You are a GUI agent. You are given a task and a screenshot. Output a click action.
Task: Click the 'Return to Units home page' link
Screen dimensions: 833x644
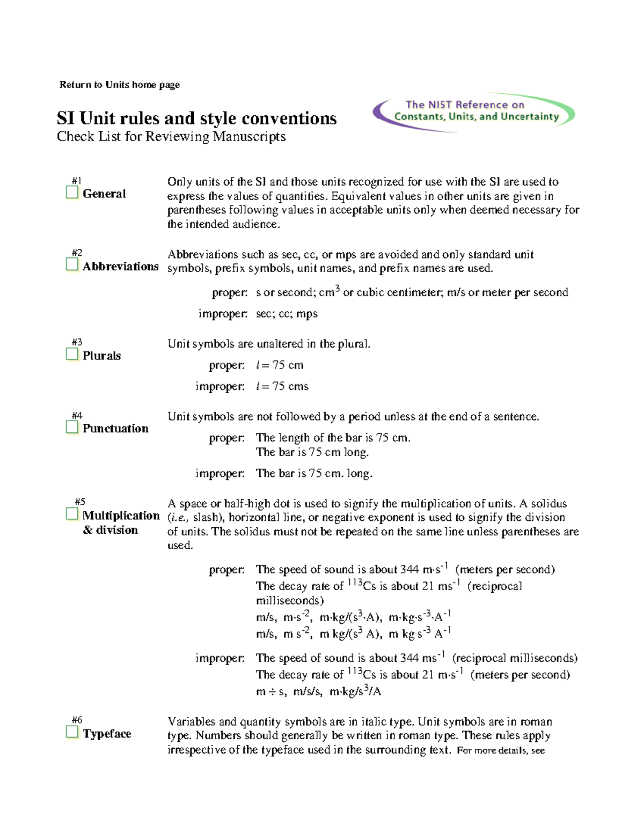(119, 85)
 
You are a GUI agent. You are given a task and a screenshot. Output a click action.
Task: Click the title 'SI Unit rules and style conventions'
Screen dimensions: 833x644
(196, 118)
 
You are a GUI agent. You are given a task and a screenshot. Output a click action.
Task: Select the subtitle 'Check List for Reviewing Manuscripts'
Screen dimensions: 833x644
(171, 137)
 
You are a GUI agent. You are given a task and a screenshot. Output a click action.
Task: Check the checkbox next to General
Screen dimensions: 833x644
(72, 193)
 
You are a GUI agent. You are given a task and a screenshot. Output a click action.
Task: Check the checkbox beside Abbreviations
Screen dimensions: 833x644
(72, 265)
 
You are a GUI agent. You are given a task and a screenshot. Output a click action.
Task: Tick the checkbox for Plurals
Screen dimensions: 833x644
(72, 354)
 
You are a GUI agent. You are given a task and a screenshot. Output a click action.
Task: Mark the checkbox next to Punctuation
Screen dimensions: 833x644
(72, 427)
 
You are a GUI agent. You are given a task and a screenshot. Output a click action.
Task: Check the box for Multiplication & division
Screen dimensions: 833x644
(72, 514)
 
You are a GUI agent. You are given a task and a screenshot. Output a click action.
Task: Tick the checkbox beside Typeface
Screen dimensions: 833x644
(72, 732)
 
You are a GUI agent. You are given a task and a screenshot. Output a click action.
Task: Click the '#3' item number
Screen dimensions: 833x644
(77, 342)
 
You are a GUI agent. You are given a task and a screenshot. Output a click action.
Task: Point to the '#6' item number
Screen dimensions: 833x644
(77, 720)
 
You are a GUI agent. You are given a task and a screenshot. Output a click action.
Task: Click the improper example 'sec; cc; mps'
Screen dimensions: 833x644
(287, 314)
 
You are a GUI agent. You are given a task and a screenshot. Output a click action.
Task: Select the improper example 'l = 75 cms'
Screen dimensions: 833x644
(282, 386)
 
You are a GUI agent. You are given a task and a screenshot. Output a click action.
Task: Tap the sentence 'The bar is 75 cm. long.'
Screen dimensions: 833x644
(314, 473)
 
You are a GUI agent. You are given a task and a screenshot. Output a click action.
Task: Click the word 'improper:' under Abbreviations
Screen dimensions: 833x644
(223, 314)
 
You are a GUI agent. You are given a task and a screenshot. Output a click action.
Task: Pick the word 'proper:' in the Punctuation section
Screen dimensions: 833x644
(226, 438)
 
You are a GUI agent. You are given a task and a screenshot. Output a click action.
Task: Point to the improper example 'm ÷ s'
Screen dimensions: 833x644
(271, 692)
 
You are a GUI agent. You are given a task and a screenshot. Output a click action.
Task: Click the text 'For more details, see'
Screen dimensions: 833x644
(500, 750)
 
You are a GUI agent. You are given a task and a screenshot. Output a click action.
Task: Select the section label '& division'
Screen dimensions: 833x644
(111, 530)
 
